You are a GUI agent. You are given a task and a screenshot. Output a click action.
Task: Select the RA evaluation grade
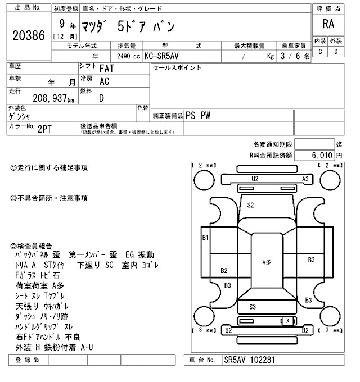(x=328, y=24)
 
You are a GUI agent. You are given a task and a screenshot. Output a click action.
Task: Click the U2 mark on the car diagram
(x=255, y=179)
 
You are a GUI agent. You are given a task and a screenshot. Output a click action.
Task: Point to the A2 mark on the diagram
(x=306, y=179)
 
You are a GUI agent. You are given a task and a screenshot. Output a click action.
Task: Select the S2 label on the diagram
(x=251, y=205)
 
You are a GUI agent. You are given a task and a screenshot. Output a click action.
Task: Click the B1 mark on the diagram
(x=205, y=238)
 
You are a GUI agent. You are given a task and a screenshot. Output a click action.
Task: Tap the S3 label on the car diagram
(x=253, y=306)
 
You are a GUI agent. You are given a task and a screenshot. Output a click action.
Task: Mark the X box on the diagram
(x=289, y=321)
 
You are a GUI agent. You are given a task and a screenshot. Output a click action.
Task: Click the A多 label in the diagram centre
(x=267, y=262)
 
